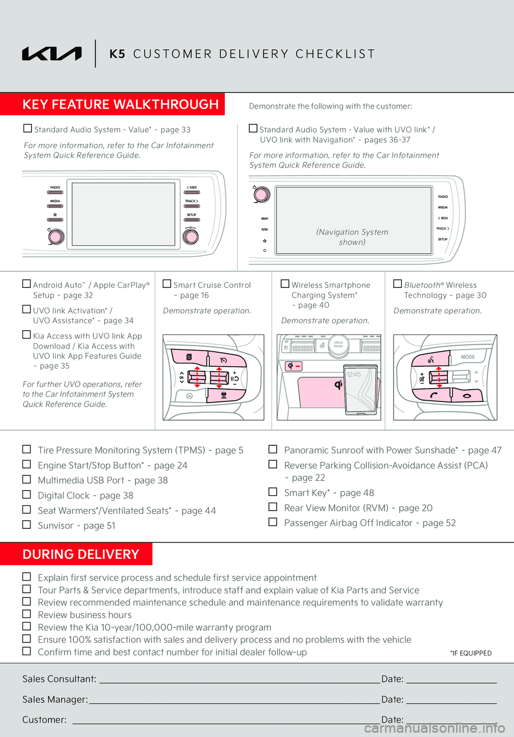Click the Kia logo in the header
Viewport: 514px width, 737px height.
pos(52,54)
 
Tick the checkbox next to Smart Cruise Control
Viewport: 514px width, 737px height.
pos(167,284)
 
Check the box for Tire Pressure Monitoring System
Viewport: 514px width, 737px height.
pos(26,449)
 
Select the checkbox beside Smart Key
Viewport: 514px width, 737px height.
pos(273,491)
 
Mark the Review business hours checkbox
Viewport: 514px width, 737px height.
pos(26,613)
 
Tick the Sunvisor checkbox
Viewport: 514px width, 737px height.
pos(26,524)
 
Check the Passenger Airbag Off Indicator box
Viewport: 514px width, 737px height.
pos(273,522)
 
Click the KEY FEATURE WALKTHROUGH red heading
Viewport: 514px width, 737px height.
pos(120,104)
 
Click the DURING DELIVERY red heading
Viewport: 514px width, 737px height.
pos(81,554)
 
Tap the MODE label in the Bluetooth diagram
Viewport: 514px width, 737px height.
pos(467,357)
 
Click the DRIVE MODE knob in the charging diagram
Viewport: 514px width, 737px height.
pos(338,345)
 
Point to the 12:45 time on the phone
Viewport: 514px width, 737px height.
pos(353,375)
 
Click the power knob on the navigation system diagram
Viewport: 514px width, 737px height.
pos(262,194)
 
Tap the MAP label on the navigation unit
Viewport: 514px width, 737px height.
pos(264,218)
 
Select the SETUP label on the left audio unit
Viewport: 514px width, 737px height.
pos(192,215)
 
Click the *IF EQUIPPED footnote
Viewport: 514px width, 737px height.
pos(471,653)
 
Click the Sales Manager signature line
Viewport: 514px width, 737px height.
pos(235,703)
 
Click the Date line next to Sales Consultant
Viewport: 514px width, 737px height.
pos(451,683)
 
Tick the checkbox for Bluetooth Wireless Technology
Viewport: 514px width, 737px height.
pos(397,284)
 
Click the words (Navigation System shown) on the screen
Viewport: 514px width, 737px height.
pos(352,237)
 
